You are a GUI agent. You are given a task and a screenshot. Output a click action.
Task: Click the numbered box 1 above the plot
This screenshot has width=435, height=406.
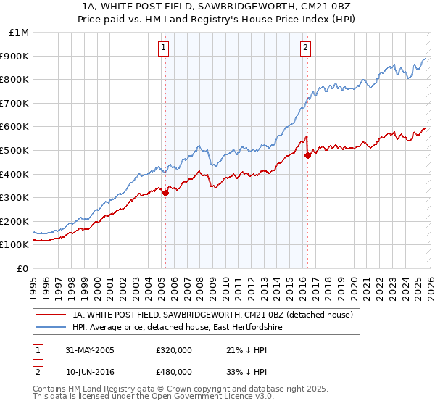coord(163,49)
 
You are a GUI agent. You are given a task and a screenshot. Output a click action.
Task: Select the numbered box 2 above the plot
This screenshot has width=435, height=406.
coord(305,49)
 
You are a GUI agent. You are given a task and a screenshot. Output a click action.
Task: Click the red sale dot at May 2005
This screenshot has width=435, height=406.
coord(165,193)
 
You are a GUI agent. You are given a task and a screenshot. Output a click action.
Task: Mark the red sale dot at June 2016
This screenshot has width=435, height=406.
coord(307,155)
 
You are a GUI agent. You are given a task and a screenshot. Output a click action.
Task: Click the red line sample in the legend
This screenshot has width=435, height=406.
coord(51,315)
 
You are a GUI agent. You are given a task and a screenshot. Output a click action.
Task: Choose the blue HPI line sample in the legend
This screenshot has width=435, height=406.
coord(51,328)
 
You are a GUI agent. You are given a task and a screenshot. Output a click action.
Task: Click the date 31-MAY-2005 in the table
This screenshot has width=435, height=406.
coord(89,350)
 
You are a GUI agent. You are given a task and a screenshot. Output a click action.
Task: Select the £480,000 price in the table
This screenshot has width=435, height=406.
coord(174,371)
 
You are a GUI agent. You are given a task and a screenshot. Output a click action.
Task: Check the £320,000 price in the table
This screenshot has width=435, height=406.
coord(174,350)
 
